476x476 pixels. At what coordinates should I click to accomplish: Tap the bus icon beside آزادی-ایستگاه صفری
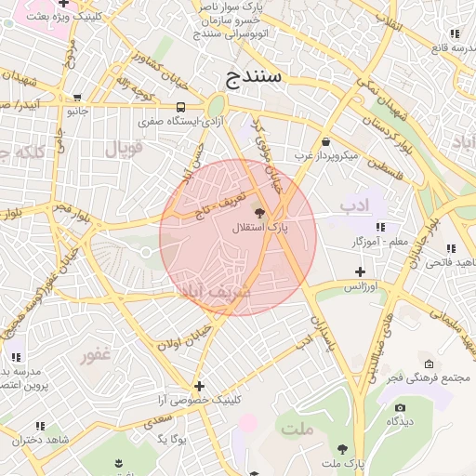coord(179,106)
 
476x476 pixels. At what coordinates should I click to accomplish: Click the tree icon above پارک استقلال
coord(271,213)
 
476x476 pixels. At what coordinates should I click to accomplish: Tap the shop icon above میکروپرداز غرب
coord(325,141)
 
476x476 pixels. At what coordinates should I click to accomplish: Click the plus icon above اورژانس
coord(361,271)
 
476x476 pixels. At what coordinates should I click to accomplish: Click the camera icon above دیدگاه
coord(401,407)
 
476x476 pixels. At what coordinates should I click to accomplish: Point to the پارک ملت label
coord(341,463)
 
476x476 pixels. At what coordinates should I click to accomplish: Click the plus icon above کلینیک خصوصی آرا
coord(199,385)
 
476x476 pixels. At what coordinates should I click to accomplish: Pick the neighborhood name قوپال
coord(123,148)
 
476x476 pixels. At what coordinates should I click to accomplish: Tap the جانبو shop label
coord(75,111)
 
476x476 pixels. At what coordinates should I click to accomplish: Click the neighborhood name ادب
coord(354,204)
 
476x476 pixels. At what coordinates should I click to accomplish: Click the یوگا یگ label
coord(172,437)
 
